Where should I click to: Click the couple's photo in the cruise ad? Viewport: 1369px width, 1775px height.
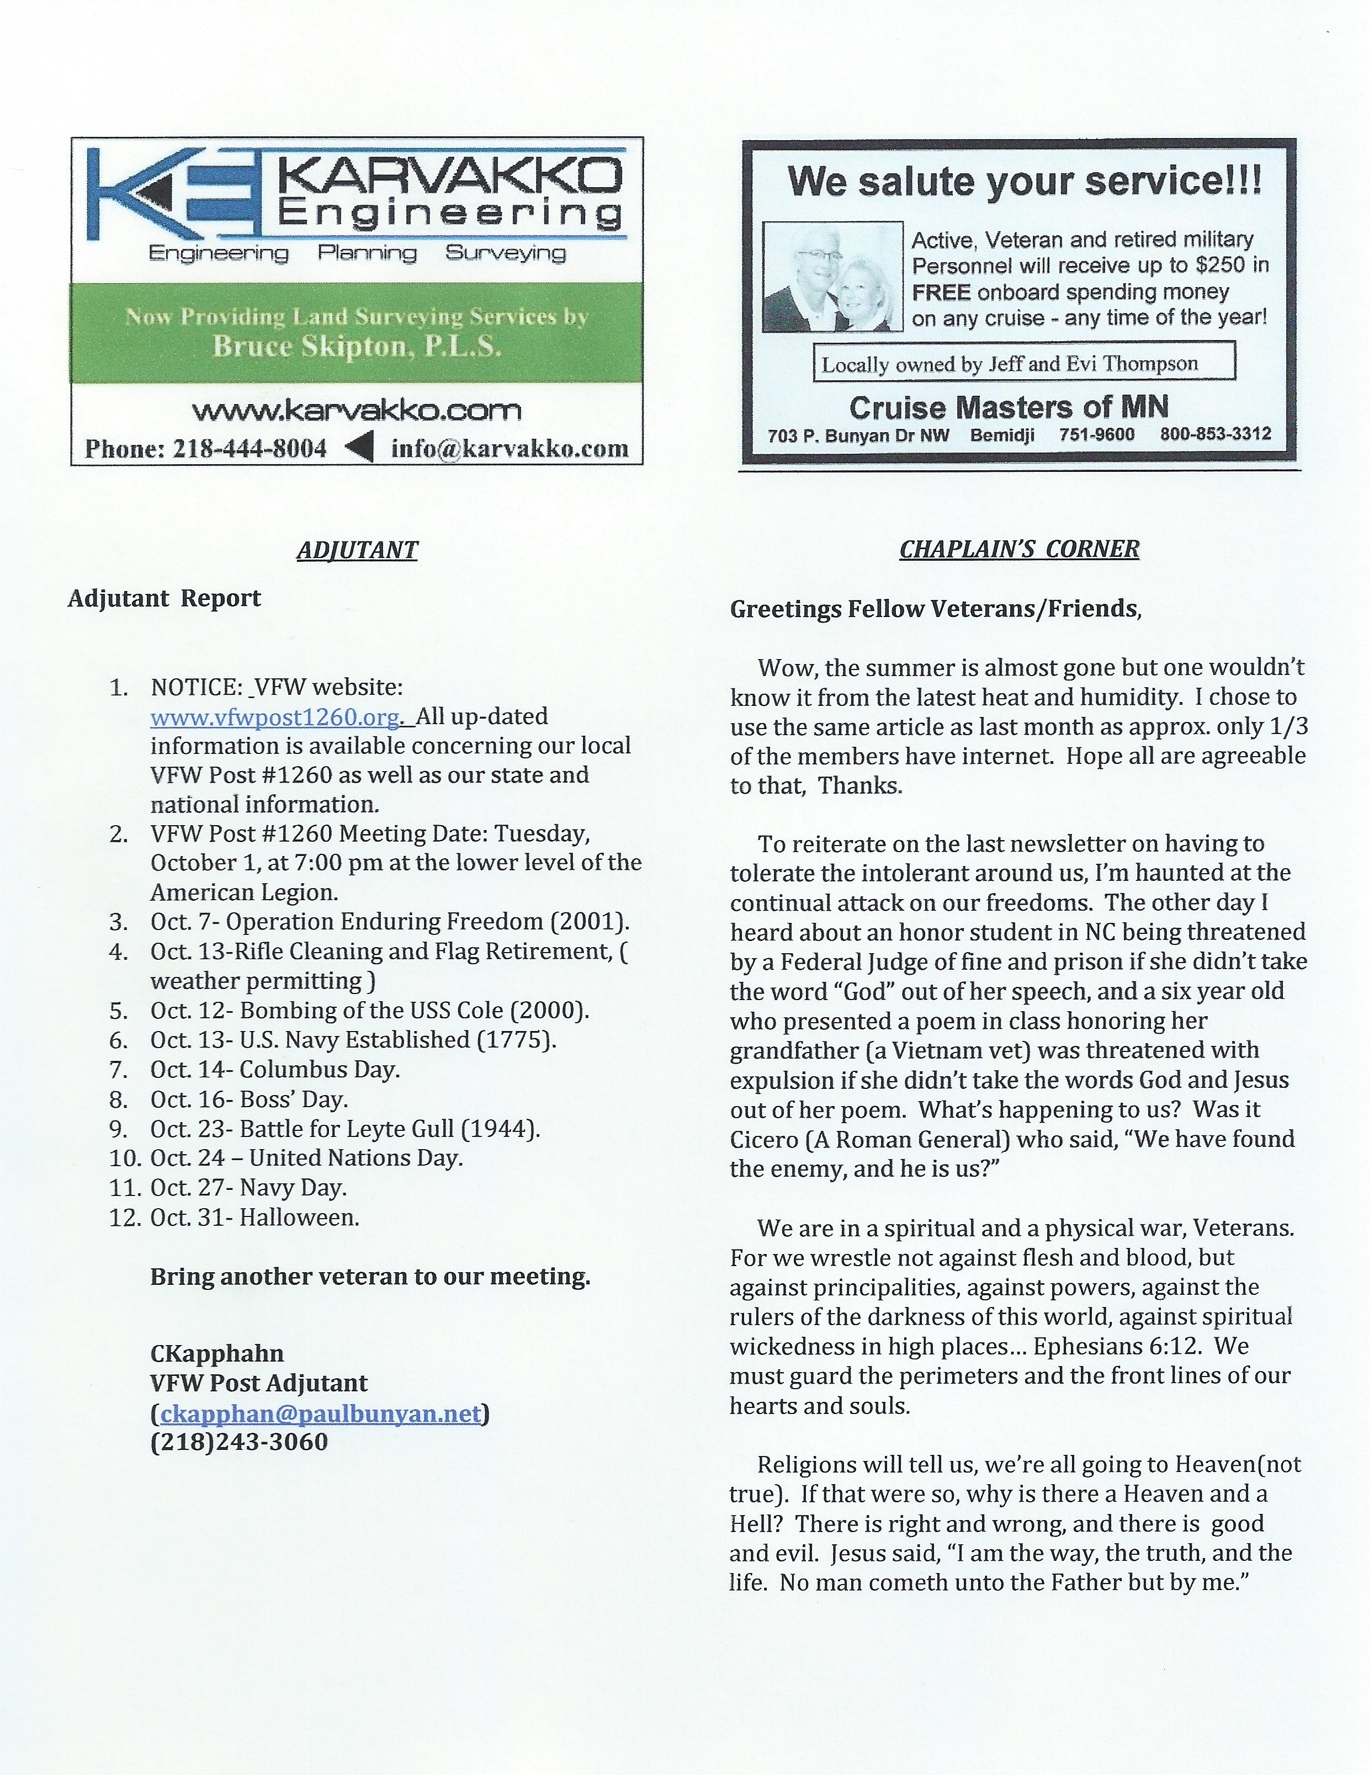pos(832,277)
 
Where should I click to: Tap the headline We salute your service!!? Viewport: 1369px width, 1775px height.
pos(1025,180)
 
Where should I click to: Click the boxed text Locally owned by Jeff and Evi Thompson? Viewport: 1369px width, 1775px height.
pos(1025,363)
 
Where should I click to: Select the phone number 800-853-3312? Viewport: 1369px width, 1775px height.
pos(1216,435)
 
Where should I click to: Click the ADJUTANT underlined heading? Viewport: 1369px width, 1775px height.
pos(357,550)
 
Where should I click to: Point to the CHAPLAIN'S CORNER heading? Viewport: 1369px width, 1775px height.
pos(1020,549)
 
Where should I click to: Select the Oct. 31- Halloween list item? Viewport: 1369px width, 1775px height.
pos(254,1218)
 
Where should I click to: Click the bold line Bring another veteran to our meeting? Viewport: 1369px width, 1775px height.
pos(370,1277)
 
